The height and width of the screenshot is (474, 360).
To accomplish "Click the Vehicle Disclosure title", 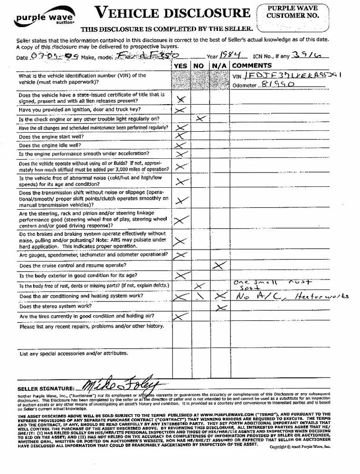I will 172,13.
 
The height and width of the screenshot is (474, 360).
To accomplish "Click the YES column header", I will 180,66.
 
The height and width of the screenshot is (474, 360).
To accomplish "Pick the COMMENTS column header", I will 252,66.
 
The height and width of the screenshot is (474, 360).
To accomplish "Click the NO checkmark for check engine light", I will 200,118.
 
